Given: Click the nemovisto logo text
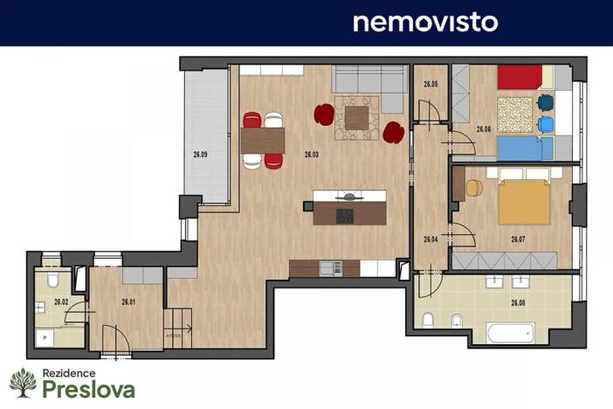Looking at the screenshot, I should pos(424,22).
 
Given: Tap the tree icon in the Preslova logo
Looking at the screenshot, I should pos(22,382).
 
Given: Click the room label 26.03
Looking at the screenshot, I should pos(312,155).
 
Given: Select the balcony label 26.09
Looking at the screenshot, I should pos(200,155).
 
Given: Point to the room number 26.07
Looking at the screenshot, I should pos(518,239).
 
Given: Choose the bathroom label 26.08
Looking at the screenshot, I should pos(518,303).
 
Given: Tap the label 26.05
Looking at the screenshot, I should pos(430,85).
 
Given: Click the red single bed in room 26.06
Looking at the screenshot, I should pos(520,78).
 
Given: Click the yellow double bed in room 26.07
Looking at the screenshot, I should pos(524,202).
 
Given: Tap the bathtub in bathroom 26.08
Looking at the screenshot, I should pos(510,333).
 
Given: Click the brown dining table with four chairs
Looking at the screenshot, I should pos(264,140).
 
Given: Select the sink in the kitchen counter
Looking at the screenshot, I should pos(329,268).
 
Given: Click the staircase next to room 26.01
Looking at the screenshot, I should pos(178,328).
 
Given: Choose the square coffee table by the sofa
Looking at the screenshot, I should pos(356,117).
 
